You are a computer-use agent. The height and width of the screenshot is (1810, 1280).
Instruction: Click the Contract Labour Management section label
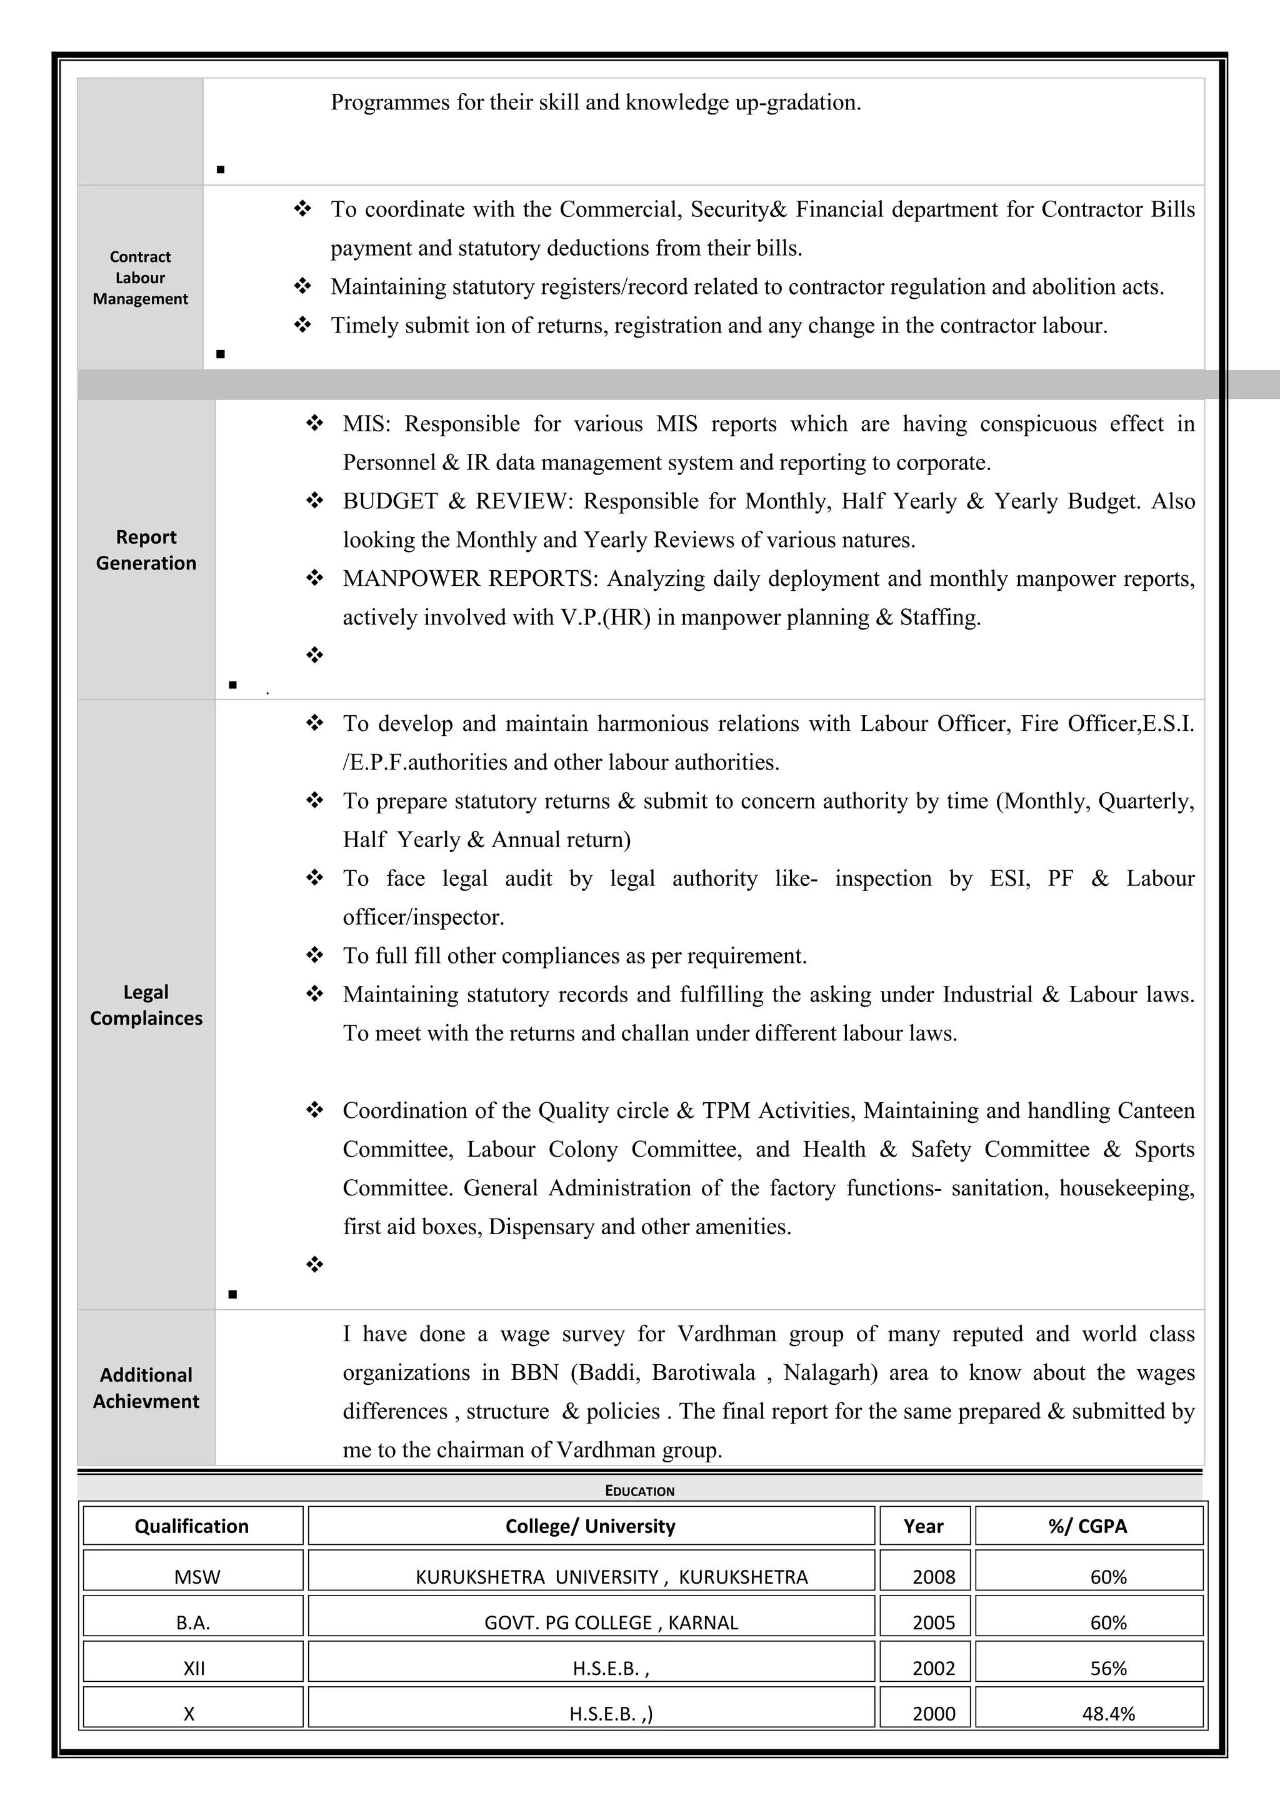(x=140, y=278)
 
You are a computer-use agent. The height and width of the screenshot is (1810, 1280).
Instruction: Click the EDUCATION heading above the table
(x=639, y=1491)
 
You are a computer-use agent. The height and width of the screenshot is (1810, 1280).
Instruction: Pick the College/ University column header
(x=591, y=1526)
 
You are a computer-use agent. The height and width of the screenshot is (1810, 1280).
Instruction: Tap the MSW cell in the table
(x=197, y=1577)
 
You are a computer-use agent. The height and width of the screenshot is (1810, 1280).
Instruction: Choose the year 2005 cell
(x=933, y=1622)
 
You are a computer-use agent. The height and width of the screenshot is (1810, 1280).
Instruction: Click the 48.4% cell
(x=1108, y=1714)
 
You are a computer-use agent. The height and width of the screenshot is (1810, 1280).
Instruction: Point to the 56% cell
(x=1108, y=1668)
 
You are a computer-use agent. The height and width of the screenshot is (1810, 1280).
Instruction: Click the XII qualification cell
(x=194, y=1668)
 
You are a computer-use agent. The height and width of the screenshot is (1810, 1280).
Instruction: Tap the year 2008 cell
(x=933, y=1577)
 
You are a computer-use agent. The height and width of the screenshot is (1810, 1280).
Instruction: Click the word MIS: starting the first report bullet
(x=366, y=424)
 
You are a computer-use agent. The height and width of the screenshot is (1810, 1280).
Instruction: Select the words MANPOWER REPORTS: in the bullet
(x=471, y=578)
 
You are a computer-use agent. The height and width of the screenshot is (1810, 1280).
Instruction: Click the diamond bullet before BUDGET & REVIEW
(x=314, y=501)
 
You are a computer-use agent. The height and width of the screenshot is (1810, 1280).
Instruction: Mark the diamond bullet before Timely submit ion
(x=302, y=324)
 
